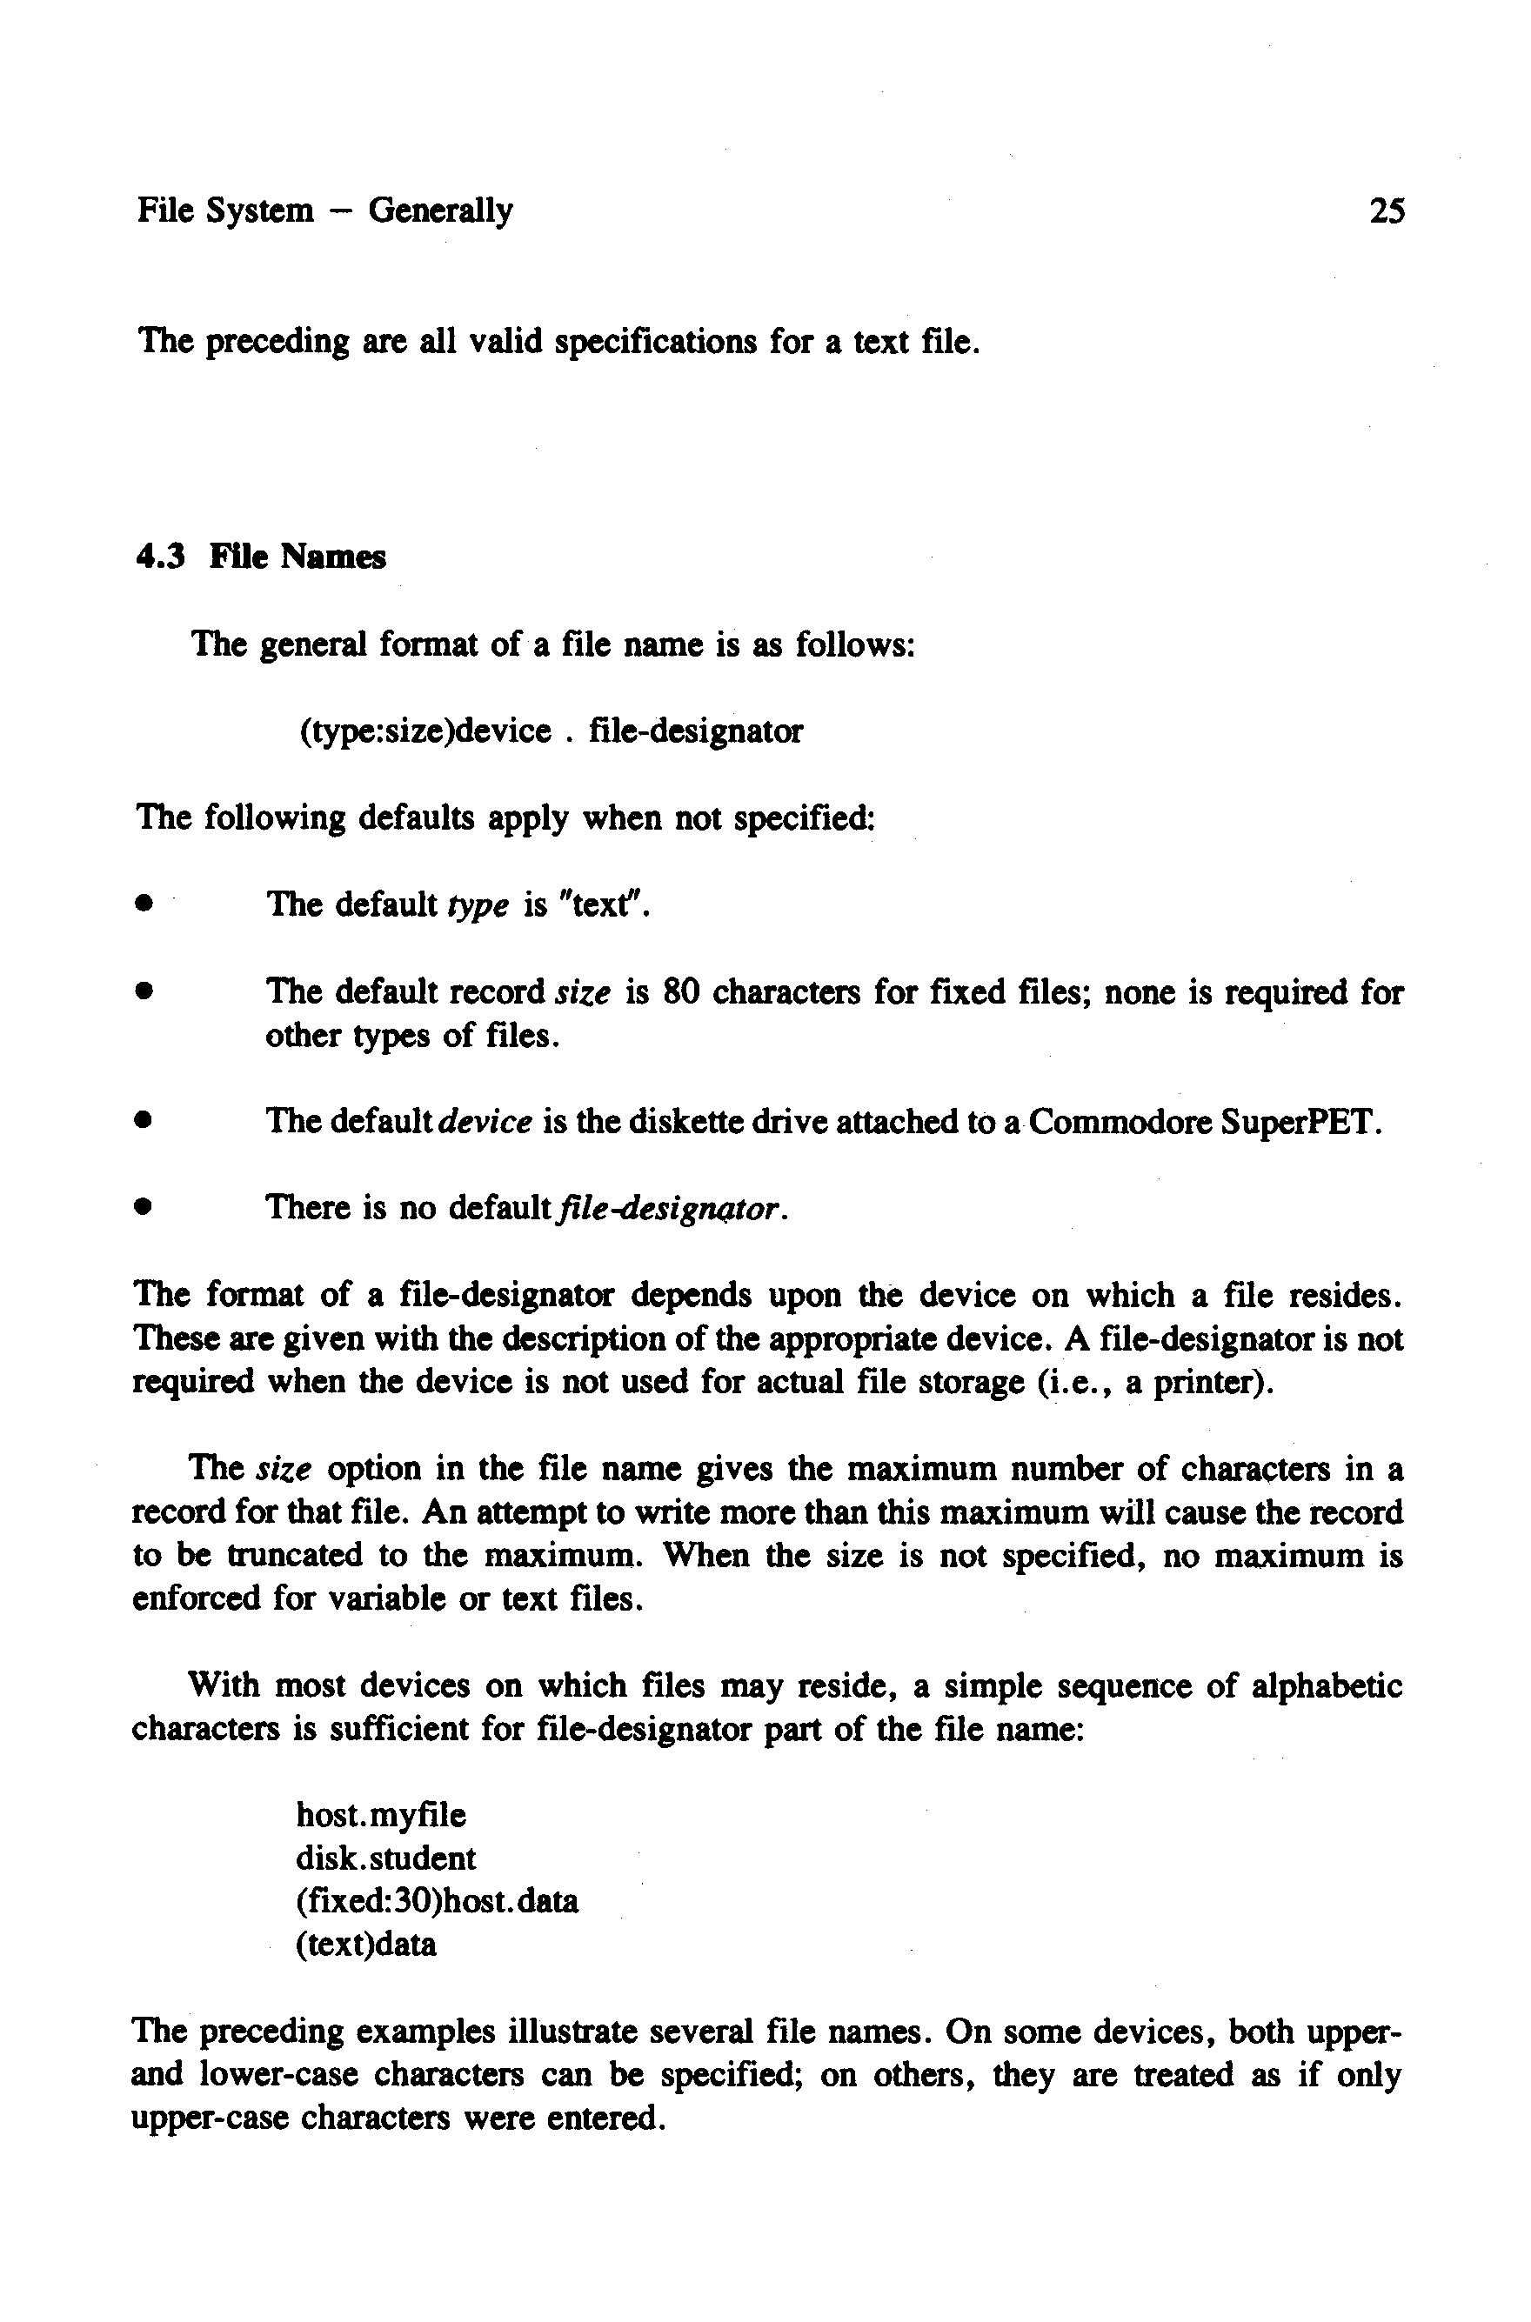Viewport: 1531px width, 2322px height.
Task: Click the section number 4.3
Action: pyautogui.click(x=161, y=557)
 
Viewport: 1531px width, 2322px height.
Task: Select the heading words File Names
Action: pyautogui.click(x=298, y=557)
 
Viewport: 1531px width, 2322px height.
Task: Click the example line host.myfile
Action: pyautogui.click(x=381, y=1816)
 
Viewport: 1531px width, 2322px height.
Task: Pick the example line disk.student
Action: pyautogui.click(x=385, y=1858)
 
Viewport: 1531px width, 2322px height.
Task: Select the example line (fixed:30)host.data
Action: pyautogui.click(x=437, y=1901)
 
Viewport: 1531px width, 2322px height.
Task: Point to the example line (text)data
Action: pyautogui.click(x=366, y=1945)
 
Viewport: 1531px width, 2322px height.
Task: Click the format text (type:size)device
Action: pyautogui.click(x=425, y=731)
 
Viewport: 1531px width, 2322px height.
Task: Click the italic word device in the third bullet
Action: pyautogui.click(x=486, y=1123)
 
